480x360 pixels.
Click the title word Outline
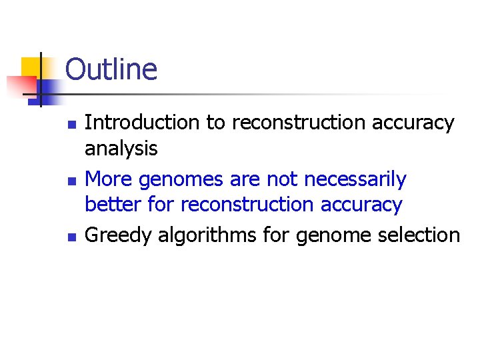(111, 69)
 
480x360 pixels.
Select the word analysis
(121, 148)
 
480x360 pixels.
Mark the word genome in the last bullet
(333, 235)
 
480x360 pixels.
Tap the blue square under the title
(49, 90)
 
